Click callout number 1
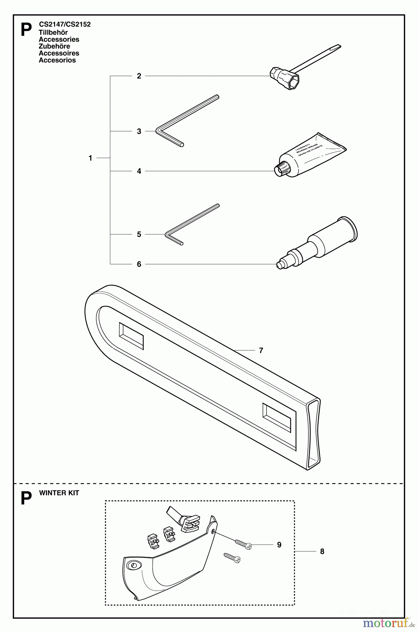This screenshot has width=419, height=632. (90, 158)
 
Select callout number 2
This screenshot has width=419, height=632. (139, 76)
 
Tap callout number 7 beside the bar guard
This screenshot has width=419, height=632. (261, 350)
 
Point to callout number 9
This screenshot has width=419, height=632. (279, 545)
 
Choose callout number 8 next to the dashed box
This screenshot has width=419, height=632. (322, 552)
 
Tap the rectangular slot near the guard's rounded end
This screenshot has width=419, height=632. (131, 336)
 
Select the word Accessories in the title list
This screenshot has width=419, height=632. (59, 39)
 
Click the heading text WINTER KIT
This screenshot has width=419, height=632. (59, 493)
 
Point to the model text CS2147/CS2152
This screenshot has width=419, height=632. (65, 25)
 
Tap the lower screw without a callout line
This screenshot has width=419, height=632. (232, 558)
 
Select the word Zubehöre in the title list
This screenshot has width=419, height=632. (54, 46)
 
